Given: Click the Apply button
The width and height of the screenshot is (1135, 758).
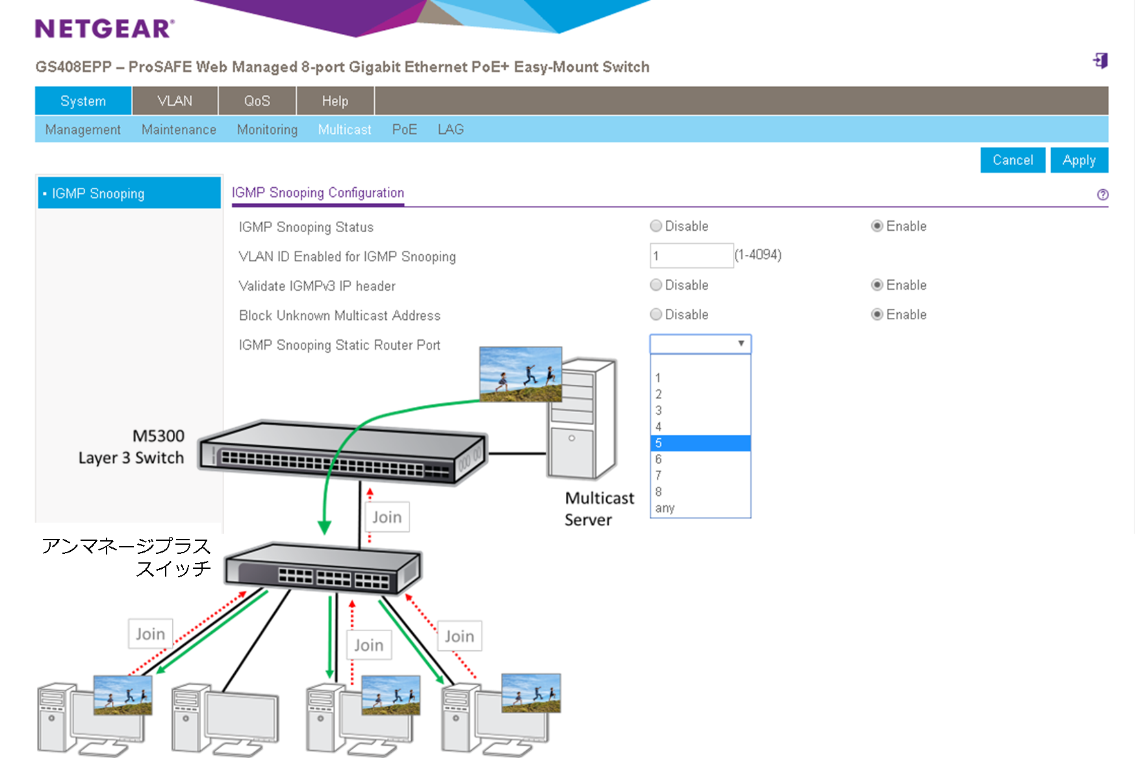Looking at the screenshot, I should click(1078, 160).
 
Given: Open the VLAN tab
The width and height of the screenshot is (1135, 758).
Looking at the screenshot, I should click(175, 101).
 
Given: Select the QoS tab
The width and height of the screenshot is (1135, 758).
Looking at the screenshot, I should click(257, 101).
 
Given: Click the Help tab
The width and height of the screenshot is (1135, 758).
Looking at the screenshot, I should click(335, 101).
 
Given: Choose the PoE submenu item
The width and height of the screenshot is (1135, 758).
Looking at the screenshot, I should click(404, 129).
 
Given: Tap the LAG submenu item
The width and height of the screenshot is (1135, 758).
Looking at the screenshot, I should click(450, 129).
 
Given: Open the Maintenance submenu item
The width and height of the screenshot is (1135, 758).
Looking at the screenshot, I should click(179, 129).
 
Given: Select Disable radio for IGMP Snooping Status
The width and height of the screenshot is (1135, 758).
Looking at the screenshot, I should click(656, 226).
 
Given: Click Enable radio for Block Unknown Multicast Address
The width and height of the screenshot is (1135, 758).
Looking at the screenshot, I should click(877, 315).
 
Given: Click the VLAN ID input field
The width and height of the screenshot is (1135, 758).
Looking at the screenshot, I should click(691, 255).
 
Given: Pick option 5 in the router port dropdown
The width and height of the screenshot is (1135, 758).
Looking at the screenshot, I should click(700, 443).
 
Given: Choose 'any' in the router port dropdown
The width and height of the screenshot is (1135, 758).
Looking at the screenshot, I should click(665, 508).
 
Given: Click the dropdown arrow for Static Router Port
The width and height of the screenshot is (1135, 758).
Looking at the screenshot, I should click(741, 343).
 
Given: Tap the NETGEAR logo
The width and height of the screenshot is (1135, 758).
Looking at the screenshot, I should click(105, 29).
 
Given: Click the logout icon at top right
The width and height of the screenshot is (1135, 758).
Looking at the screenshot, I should click(1100, 60).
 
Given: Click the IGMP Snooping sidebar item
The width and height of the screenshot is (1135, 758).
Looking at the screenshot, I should click(129, 193).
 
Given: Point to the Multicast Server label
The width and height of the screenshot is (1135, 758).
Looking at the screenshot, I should click(598, 508).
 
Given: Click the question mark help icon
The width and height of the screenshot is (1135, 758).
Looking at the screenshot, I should click(1103, 194).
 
